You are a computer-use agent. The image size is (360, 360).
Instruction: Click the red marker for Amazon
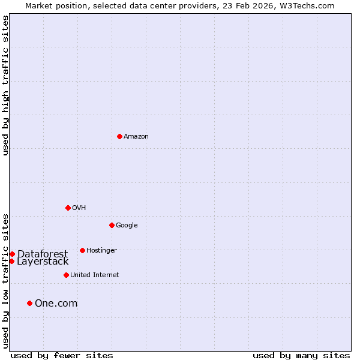tap(119, 136)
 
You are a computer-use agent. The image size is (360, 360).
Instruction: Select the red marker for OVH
tap(68, 208)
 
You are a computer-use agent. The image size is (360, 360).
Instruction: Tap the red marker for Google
tap(112, 225)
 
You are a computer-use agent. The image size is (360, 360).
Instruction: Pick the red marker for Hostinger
tap(82, 250)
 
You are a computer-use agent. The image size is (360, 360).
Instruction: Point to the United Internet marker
tap(66, 275)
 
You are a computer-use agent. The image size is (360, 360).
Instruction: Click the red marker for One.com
tap(29, 303)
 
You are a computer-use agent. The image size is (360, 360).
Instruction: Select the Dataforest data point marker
tap(12, 254)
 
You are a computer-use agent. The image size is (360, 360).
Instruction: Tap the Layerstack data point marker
tap(11, 261)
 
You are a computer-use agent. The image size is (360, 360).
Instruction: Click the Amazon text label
tap(136, 137)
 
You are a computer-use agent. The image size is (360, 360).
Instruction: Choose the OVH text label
tap(79, 208)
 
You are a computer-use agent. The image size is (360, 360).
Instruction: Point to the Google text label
tap(127, 226)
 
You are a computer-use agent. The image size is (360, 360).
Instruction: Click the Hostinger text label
tap(101, 251)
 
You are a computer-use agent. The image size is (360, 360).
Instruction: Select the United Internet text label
tap(95, 275)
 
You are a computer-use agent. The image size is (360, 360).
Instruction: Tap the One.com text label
tap(56, 304)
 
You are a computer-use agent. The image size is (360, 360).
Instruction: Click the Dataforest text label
tap(43, 254)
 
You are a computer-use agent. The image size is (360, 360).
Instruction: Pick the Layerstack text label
tap(43, 262)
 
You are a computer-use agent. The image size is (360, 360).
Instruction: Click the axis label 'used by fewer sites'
tap(62, 356)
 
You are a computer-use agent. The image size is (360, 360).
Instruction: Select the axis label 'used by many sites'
tap(301, 356)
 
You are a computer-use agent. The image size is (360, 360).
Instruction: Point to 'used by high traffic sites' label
tap(5, 85)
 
